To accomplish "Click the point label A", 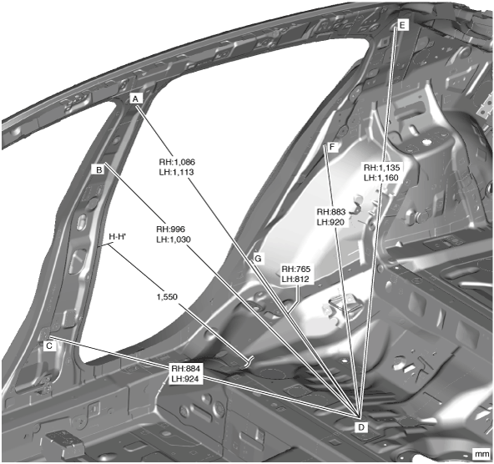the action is pyautogui.click(x=135, y=99).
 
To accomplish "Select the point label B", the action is pyautogui.click(x=99, y=169).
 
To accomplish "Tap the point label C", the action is pyautogui.click(x=49, y=345).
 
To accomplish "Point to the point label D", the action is pyautogui.click(x=361, y=427).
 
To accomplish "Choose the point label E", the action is pyautogui.click(x=402, y=25).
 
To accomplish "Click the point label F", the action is pyautogui.click(x=332, y=147).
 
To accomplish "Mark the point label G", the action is pyautogui.click(x=258, y=259).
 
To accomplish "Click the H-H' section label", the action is pyautogui.click(x=118, y=236).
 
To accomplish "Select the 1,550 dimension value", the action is pyautogui.click(x=167, y=297).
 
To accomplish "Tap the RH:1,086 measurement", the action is pyautogui.click(x=177, y=162).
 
